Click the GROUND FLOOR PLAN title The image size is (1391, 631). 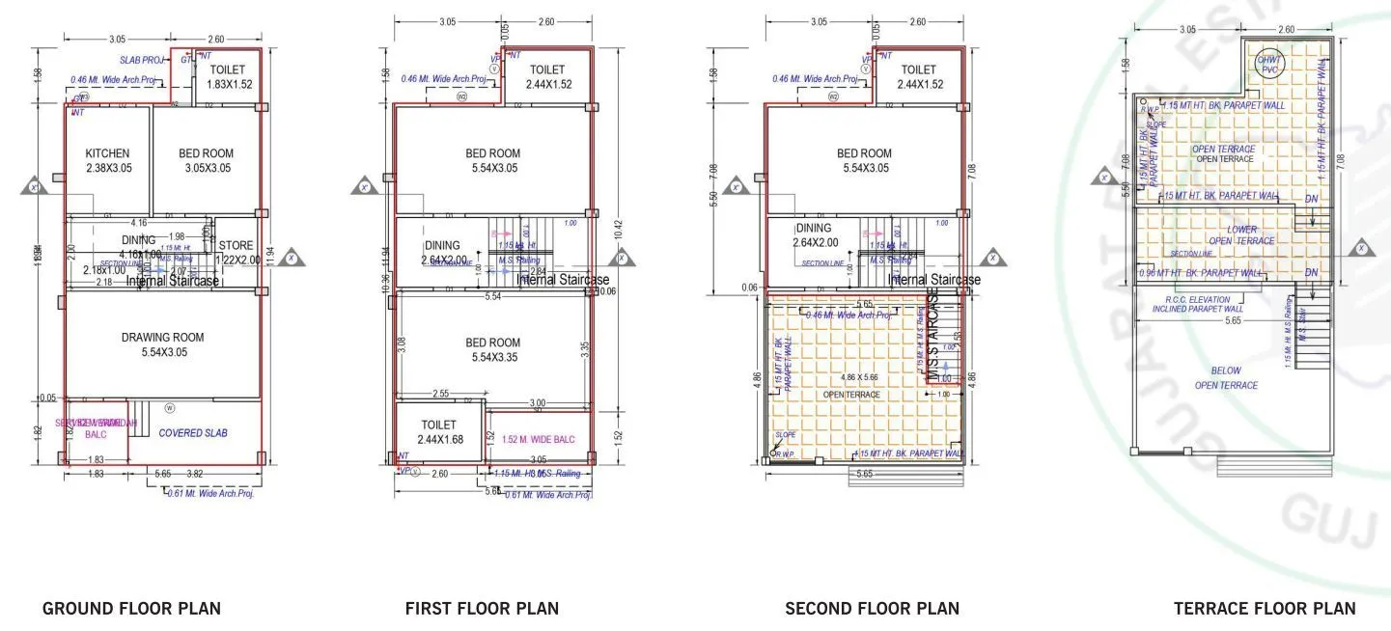point(131,608)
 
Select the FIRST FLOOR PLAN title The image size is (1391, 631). point(482,608)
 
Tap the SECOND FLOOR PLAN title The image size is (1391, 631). point(872,608)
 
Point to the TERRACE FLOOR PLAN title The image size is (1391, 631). point(1265,608)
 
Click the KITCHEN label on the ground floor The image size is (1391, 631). point(107,160)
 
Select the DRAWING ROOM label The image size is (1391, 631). point(163,344)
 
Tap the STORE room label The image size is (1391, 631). point(236,253)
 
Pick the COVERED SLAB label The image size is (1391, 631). point(193,433)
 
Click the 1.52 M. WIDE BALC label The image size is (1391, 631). point(538,439)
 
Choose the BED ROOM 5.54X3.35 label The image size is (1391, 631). point(493,349)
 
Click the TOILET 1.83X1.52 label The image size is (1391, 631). point(228,77)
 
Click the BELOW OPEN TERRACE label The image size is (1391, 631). point(1226,377)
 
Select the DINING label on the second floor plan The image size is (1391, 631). point(813,234)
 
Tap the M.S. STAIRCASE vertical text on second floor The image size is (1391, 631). point(932,336)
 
